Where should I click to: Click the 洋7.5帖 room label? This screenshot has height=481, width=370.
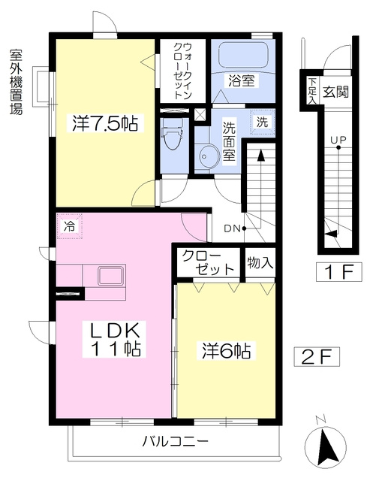tap(105, 123)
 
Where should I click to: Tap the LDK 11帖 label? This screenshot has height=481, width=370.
tap(114, 340)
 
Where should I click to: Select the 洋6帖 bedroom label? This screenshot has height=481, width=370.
tap(227, 351)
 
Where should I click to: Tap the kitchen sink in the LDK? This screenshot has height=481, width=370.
tap(111, 276)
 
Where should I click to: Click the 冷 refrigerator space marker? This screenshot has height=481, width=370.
tap(70, 227)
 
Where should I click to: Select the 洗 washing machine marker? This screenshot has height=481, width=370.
tap(262, 122)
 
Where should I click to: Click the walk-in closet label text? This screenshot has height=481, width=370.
tap(183, 71)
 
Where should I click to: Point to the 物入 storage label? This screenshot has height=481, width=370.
tap(260, 262)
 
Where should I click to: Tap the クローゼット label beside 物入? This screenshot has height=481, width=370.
tap(208, 263)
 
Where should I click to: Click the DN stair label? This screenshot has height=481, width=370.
tap(232, 228)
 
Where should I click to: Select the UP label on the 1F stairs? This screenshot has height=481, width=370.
tap(338, 140)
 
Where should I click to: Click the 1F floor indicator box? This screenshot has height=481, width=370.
tap(339, 272)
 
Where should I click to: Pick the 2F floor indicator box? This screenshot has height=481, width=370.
tap(317, 356)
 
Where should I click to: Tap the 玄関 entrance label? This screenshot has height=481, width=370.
tap(336, 91)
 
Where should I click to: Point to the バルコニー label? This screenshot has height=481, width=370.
tap(176, 441)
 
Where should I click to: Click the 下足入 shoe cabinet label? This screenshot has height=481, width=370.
tap(311, 91)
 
